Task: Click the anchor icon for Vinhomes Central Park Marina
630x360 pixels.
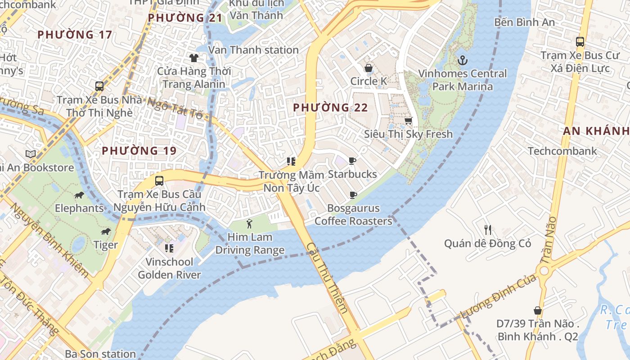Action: (462, 60)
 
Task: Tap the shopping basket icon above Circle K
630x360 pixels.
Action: (369, 68)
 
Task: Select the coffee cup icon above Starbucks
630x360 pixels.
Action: (352, 161)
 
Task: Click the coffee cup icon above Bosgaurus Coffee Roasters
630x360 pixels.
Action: (353, 195)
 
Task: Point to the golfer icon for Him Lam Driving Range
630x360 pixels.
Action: (249, 224)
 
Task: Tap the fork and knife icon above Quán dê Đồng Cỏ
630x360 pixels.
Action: (487, 229)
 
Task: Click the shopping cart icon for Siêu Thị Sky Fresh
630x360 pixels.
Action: (408, 121)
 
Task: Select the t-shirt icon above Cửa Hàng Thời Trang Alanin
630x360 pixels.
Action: (194, 58)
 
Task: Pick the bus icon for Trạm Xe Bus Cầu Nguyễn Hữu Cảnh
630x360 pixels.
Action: (159, 181)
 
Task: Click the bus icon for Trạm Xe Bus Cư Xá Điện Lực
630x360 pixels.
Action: (580, 42)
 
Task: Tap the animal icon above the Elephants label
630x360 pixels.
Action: (79, 195)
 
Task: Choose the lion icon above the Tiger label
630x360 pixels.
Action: (106, 232)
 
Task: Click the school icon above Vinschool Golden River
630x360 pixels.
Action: (169, 248)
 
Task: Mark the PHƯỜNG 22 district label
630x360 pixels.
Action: (330, 108)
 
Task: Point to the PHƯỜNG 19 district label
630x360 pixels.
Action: (139, 151)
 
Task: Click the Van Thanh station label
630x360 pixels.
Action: (253, 49)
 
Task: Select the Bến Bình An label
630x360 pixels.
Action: (524, 22)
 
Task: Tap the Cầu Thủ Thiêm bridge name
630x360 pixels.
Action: (327, 278)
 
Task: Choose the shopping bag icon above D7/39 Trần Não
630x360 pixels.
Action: (537, 310)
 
